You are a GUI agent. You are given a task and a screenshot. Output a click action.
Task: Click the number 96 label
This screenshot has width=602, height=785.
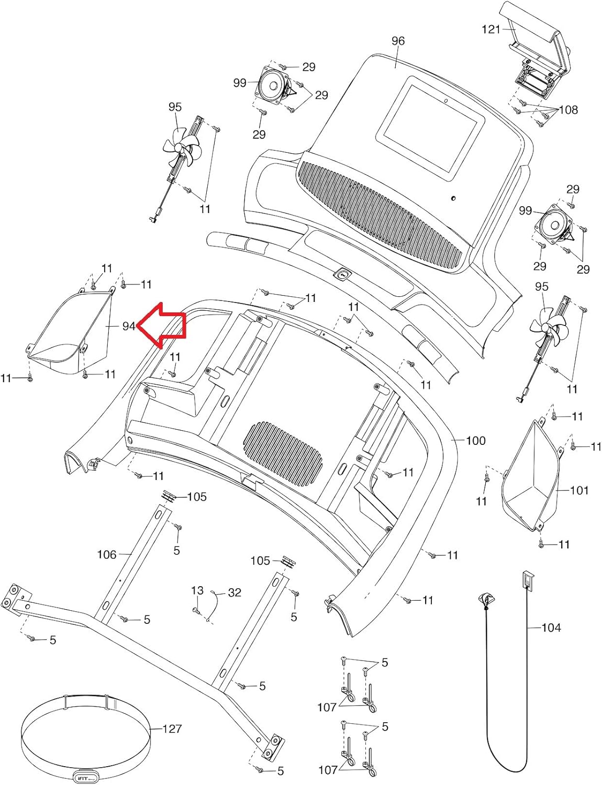point(398,41)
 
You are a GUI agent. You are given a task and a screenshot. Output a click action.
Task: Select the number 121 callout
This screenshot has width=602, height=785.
point(491,29)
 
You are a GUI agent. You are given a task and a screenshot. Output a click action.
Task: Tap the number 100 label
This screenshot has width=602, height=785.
point(475,441)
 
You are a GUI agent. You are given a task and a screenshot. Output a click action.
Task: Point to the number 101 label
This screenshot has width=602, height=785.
point(579,490)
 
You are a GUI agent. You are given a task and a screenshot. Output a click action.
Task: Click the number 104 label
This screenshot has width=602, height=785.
point(551,627)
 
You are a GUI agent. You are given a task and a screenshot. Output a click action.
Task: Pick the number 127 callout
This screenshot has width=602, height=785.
point(172,728)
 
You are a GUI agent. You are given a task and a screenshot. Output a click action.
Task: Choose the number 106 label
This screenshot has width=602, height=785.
point(107,554)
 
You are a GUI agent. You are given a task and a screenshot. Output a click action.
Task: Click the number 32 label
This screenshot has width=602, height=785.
point(235,592)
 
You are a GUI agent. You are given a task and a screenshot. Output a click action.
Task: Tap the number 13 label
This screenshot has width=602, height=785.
point(197,591)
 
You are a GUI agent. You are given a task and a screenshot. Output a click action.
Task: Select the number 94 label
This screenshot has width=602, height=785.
point(129,326)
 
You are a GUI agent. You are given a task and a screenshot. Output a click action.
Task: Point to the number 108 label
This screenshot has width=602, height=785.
point(568,109)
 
